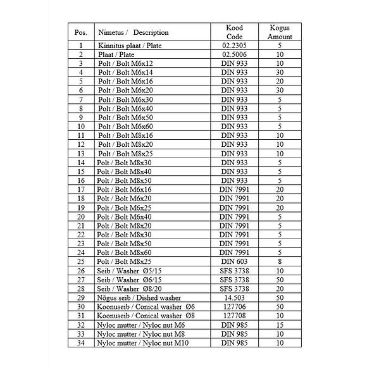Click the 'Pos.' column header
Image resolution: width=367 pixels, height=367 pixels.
[x=80, y=32]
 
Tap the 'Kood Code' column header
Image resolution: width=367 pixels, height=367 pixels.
[x=234, y=32]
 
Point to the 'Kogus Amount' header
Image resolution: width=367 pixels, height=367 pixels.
[x=280, y=32]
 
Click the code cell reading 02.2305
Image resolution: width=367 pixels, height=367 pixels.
[x=234, y=46]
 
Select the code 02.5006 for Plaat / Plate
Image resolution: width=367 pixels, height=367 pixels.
[x=234, y=55]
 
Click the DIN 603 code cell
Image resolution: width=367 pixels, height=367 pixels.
[x=234, y=261]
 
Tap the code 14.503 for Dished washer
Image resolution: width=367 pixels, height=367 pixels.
[x=234, y=297]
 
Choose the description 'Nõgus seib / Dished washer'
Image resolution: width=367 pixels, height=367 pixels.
[x=139, y=297]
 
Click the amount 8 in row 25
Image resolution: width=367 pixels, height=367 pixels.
[x=280, y=261]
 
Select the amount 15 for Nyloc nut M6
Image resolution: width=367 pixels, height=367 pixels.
[x=280, y=324]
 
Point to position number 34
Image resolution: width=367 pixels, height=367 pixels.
[x=80, y=342]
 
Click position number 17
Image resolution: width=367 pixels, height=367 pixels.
[x=80, y=189]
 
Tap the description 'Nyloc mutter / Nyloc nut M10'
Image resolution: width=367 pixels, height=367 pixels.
[x=142, y=342]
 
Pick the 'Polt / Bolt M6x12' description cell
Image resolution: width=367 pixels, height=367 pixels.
[x=125, y=64]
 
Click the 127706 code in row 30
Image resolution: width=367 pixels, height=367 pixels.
[x=234, y=306]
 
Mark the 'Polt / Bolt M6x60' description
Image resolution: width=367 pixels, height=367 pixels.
[x=125, y=127]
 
